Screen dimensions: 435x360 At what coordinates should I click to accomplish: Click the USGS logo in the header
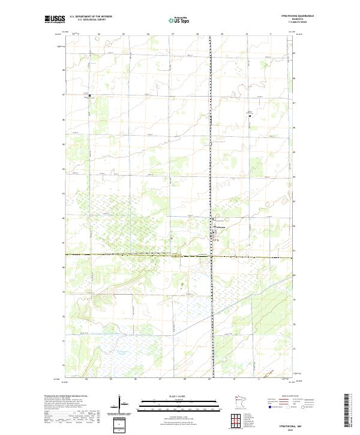click(55, 19)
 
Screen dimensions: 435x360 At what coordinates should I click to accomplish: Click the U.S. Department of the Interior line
click(91, 16)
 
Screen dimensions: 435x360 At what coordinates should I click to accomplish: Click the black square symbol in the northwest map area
click(90, 95)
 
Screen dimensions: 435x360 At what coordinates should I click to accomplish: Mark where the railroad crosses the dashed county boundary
click(211, 256)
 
